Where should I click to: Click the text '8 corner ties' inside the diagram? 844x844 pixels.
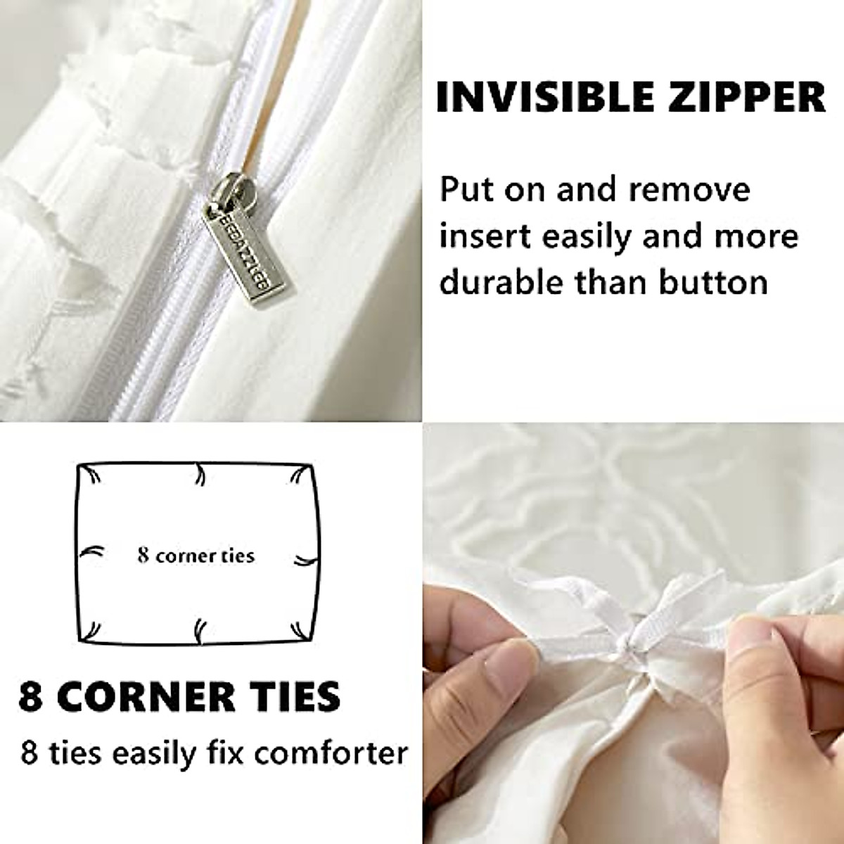tap(196, 556)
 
